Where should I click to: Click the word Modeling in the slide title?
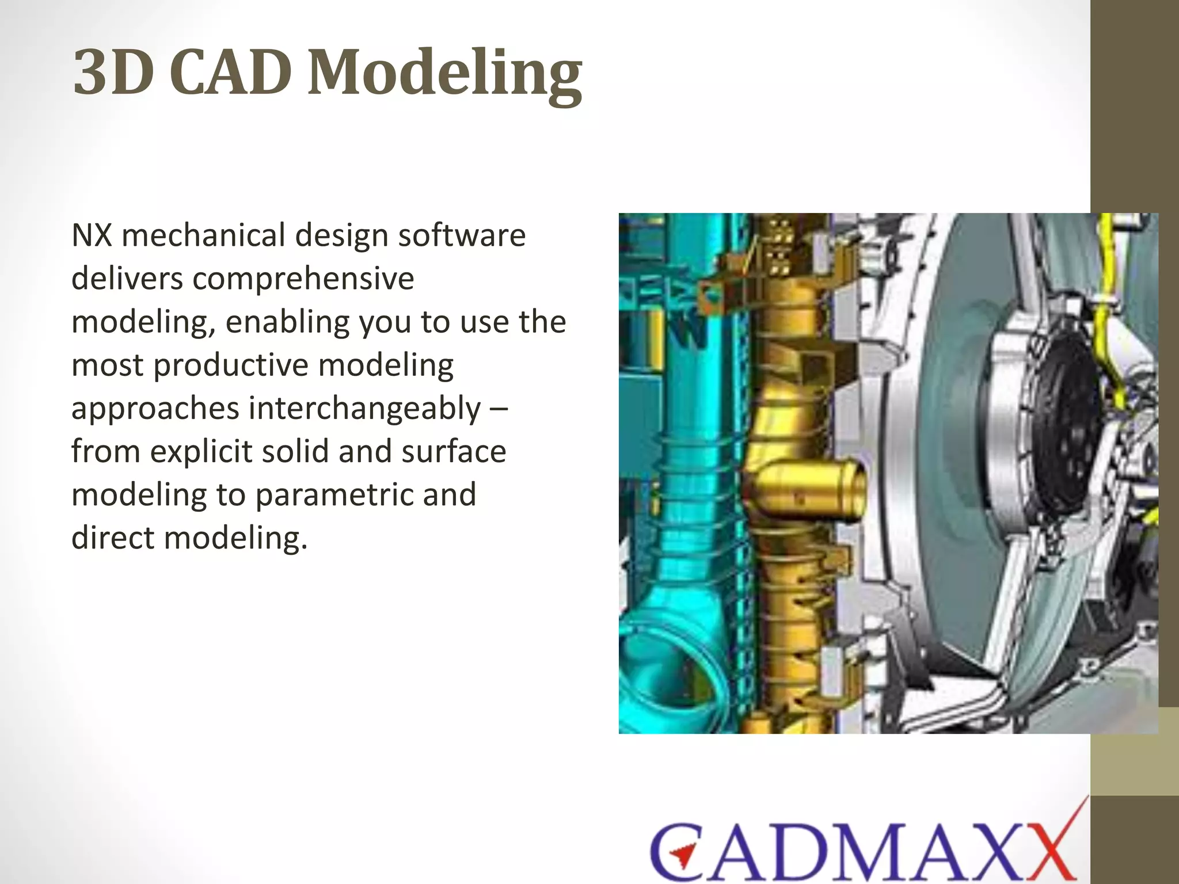point(444,74)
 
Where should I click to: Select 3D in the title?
point(113,74)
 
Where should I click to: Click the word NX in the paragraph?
point(92,236)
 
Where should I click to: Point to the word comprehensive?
point(303,279)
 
